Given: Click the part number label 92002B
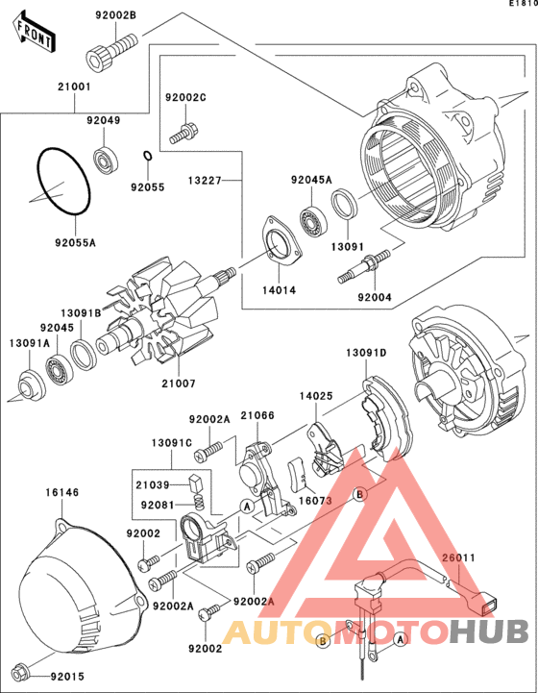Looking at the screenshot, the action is pyautogui.click(x=116, y=15).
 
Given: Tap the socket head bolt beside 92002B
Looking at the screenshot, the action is pyautogui.click(x=110, y=51).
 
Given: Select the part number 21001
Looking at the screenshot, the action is pyautogui.click(x=74, y=87).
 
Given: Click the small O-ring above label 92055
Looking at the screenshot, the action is pyautogui.click(x=148, y=156).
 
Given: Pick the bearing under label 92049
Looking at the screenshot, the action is pyautogui.click(x=106, y=159).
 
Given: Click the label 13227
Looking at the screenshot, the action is pyautogui.click(x=205, y=181).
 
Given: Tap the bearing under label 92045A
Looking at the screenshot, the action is pyautogui.click(x=313, y=220).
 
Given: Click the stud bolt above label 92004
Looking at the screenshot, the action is pyautogui.click(x=364, y=266).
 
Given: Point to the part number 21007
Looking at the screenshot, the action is pyautogui.click(x=179, y=384).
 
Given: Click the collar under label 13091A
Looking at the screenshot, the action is pyautogui.click(x=32, y=385).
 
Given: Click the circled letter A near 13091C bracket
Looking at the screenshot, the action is pyautogui.click(x=247, y=506).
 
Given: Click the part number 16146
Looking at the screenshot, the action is pyautogui.click(x=62, y=492).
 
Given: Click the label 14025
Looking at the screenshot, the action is pyautogui.click(x=316, y=396).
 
